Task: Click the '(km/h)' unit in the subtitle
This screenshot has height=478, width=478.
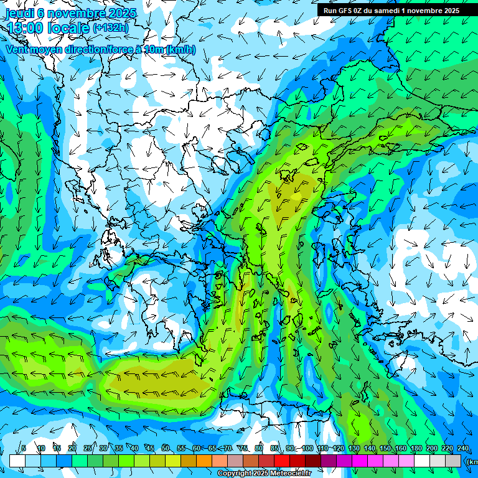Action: click(x=181, y=49)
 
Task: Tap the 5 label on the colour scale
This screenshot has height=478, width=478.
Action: click(x=23, y=448)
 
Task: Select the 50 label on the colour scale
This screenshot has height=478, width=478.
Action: click(x=165, y=448)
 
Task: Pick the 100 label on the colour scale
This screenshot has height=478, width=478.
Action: click(x=307, y=448)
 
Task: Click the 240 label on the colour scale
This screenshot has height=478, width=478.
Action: click(x=462, y=448)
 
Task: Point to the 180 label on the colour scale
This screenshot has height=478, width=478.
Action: click(x=416, y=448)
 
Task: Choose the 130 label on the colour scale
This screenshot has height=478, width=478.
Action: click(x=354, y=448)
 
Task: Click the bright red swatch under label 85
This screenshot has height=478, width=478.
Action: click(x=282, y=461)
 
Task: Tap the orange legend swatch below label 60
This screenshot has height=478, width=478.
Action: click(x=204, y=461)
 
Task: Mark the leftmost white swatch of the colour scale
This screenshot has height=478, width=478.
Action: click(x=17, y=461)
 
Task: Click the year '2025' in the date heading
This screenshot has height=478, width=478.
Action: click(x=124, y=13)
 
